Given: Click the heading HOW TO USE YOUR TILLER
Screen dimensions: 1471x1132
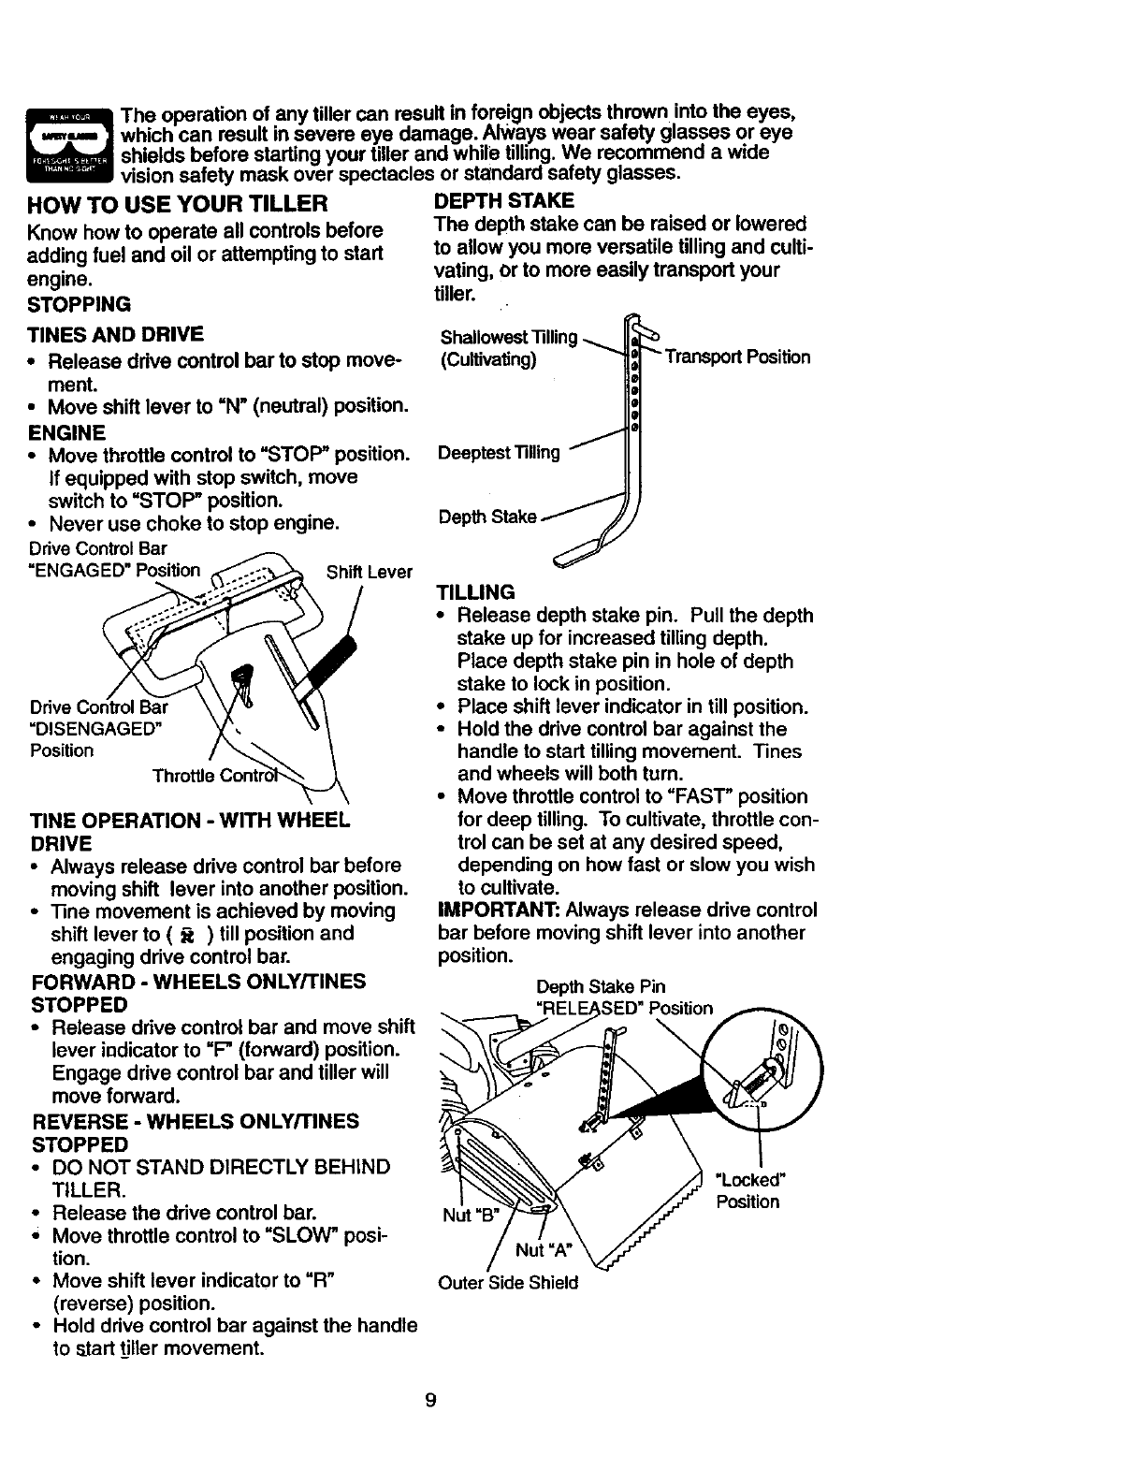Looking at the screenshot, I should tap(179, 203).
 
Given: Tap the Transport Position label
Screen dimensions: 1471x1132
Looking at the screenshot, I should tap(737, 357).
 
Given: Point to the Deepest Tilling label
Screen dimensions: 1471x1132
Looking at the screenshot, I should tap(499, 453).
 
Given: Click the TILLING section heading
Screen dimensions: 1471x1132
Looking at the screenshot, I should tap(476, 592).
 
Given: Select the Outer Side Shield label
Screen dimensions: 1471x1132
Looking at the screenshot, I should tap(508, 1283).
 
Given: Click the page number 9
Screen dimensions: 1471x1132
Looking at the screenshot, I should tap(430, 1401).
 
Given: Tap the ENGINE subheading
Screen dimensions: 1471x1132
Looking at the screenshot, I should tap(68, 432).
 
